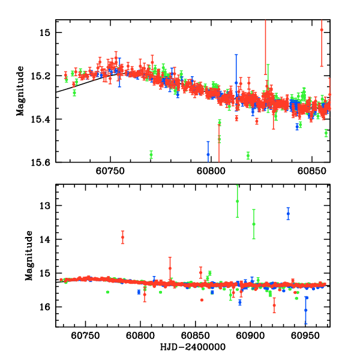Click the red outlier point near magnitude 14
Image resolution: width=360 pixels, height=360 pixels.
pyautogui.click(x=122, y=237)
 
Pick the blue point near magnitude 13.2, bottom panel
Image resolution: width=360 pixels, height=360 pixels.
pyautogui.click(x=288, y=213)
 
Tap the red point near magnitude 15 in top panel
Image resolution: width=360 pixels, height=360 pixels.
pyautogui.click(x=322, y=30)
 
